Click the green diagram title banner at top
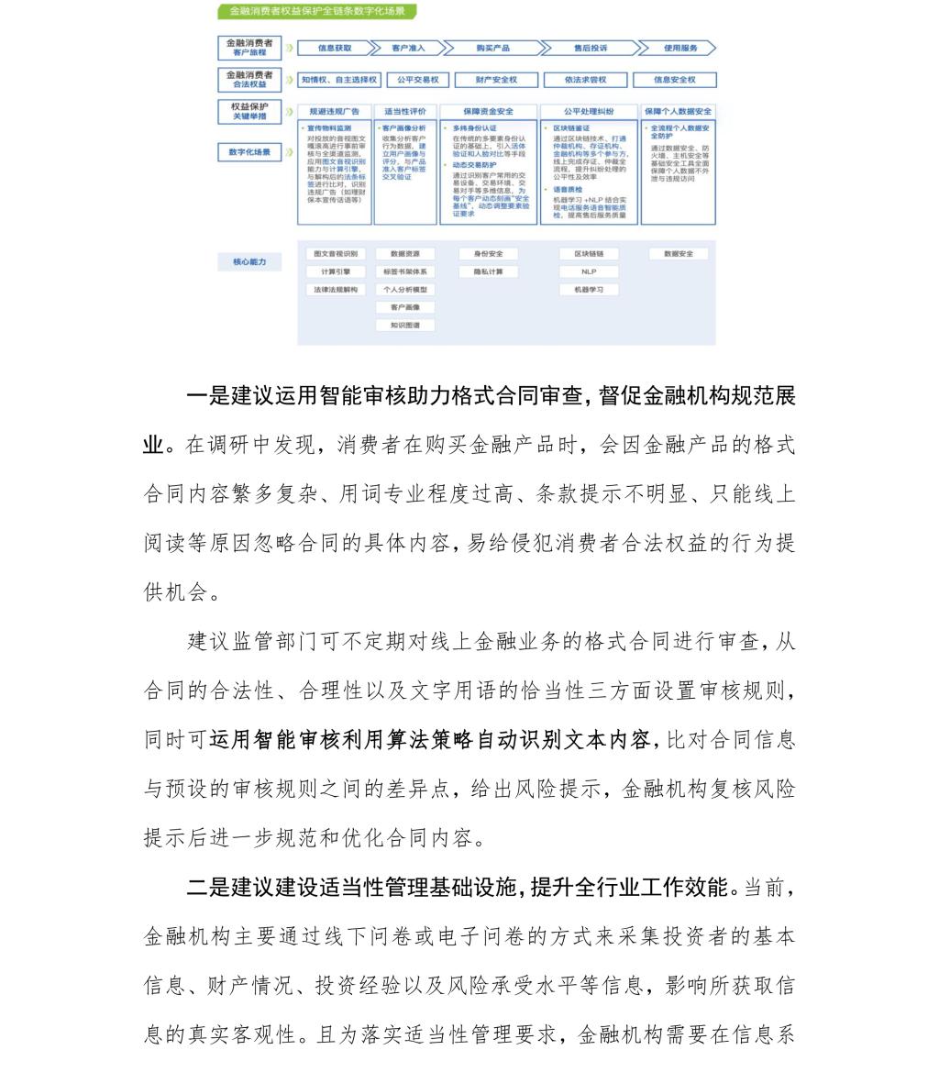(317, 12)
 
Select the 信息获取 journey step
(336, 48)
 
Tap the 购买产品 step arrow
(493, 48)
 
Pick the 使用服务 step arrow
(679, 48)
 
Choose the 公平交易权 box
(418, 80)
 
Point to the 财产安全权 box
(496, 80)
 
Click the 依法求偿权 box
(584, 80)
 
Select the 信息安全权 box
(674, 80)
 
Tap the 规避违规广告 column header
(334, 111)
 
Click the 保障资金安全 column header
(489, 111)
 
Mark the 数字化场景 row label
(249, 152)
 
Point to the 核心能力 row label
(249, 262)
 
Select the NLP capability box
(589, 271)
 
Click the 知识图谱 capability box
(405, 325)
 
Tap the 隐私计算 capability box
(488, 271)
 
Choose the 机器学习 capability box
(589, 290)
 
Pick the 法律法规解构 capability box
(336, 290)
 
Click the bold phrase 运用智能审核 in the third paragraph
(265, 740)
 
